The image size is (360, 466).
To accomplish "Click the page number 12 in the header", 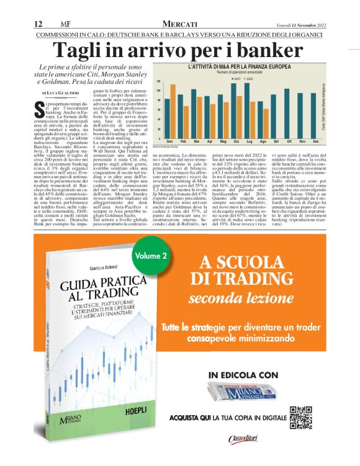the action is [37, 24].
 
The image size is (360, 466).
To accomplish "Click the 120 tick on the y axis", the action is [158, 81].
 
